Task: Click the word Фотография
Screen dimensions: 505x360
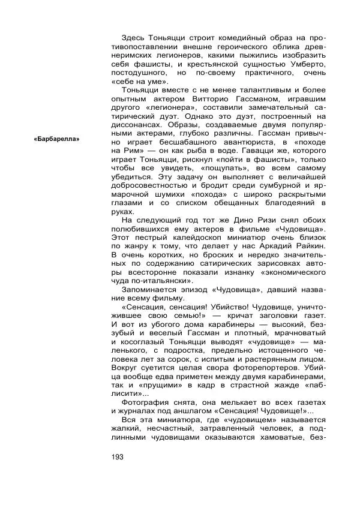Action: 147,401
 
